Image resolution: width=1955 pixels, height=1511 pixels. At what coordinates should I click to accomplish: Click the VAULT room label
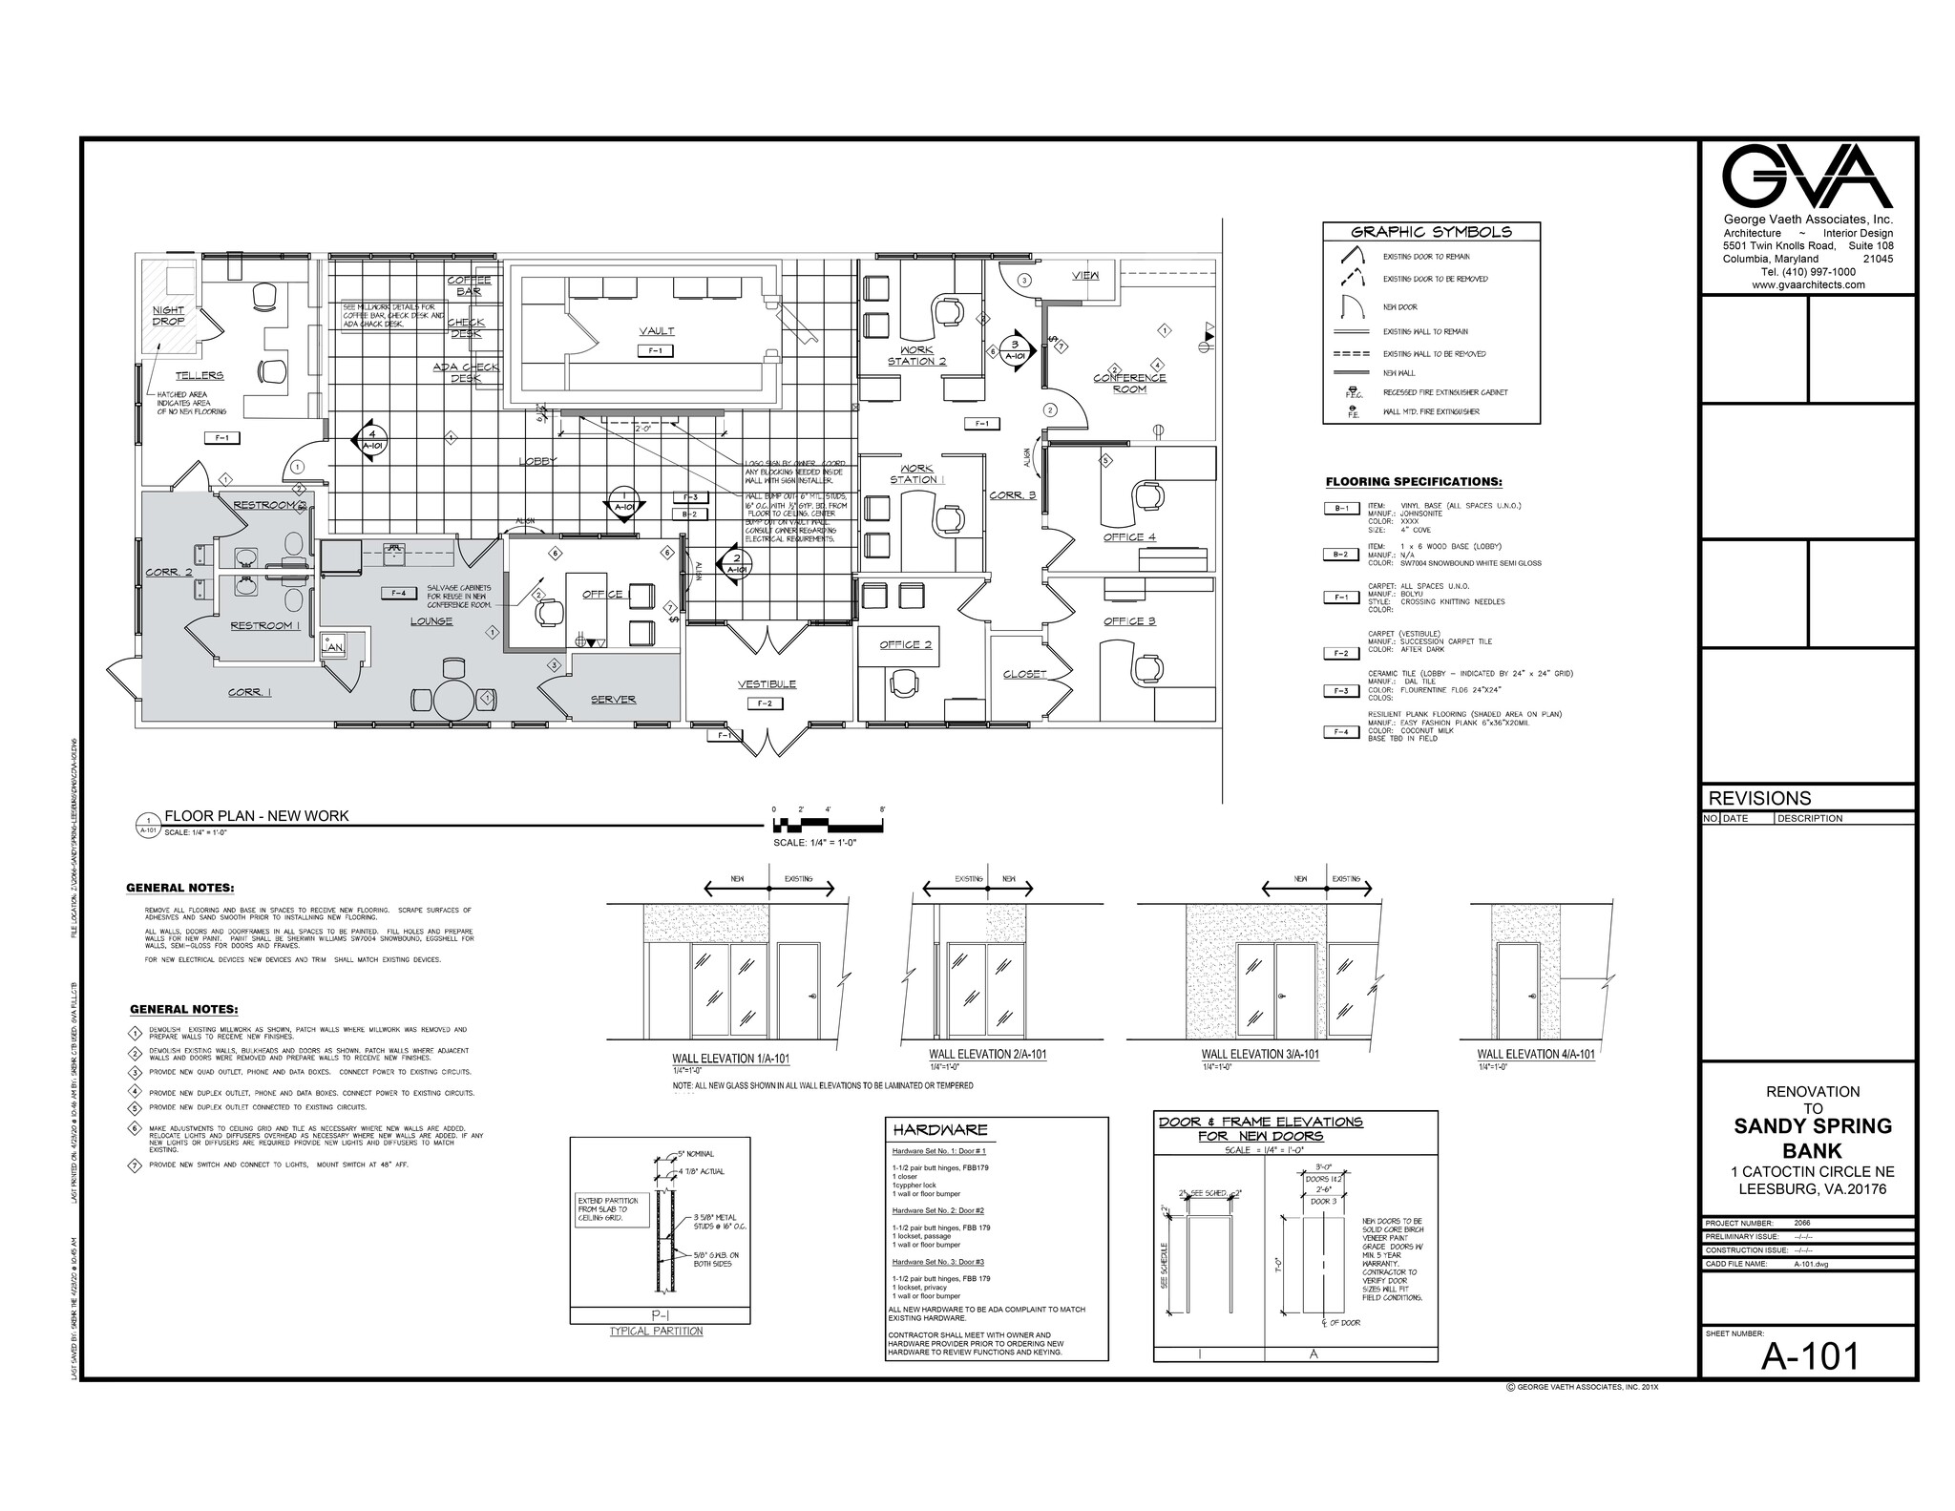pos(657,331)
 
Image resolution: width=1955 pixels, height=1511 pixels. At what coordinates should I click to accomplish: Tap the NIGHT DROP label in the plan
pos(169,316)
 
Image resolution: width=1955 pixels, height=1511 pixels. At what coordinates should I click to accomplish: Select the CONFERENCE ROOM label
pos(1129,383)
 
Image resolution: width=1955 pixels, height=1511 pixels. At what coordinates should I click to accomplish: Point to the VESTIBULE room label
pos(767,683)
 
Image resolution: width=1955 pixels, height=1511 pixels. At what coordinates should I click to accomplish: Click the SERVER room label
pos(613,699)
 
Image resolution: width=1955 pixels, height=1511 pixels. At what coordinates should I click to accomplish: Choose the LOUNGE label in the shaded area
pos(431,620)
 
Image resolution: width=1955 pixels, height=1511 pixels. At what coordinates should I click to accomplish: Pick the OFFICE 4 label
pos(1129,536)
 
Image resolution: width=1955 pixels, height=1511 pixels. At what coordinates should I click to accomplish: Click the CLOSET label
pos(1025,674)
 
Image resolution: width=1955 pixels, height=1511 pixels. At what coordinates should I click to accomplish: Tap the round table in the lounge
pos(454,700)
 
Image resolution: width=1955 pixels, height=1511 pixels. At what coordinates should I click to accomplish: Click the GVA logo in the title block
pos(1807,177)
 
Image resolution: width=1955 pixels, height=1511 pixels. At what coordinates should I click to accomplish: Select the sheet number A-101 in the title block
pos(1809,1355)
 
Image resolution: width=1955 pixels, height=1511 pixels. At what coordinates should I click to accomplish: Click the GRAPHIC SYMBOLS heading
pos(1431,232)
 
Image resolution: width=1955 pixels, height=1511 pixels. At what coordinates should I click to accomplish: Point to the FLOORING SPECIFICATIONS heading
pos(1414,482)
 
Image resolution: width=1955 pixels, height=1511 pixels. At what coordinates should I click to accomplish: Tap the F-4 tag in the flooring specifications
pos(1340,732)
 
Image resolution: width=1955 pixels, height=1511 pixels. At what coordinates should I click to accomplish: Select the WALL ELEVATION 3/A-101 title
pos(1259,1055)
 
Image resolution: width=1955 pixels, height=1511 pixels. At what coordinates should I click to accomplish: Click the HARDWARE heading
pos(940,1130)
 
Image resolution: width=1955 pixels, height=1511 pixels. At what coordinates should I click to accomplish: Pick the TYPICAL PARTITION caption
pos(656,1331)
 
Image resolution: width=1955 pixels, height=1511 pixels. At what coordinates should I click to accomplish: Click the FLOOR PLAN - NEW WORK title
pos(257,816)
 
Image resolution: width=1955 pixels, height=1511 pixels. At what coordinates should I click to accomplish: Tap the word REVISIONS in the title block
pos(1758,798)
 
